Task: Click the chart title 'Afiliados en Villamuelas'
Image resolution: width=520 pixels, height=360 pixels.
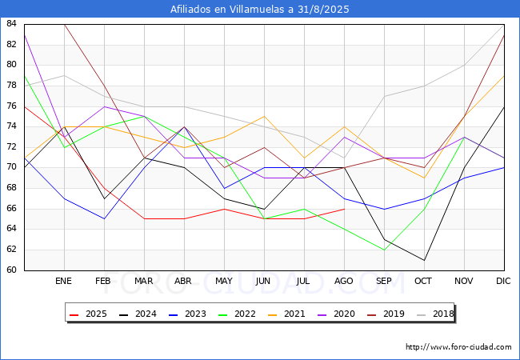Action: (260, 10)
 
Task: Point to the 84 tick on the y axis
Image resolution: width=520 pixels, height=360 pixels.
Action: (12, 24)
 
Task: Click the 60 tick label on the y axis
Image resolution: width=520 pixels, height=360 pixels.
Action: (12, 270)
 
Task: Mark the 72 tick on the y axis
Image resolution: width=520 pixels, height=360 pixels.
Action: (12, 147)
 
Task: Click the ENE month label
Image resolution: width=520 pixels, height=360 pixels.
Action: (64, 282)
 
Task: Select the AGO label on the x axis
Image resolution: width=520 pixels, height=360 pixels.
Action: (344, 282)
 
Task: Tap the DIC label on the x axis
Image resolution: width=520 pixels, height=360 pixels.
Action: (504, 282)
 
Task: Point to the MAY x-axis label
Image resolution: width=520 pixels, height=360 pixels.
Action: (224, 282)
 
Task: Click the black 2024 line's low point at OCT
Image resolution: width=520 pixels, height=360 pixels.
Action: (424, 260)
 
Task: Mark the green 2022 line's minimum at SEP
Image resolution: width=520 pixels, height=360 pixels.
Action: (384, 250)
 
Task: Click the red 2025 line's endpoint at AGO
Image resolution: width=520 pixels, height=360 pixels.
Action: (344, 209)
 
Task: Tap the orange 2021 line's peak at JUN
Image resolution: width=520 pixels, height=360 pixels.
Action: (264, 116)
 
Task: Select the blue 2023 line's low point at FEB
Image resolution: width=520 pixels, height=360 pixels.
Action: (104, 218)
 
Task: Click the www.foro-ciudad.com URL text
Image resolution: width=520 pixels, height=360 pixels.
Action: (458, 347)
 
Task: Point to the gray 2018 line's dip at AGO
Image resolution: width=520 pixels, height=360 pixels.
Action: (344, 158)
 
